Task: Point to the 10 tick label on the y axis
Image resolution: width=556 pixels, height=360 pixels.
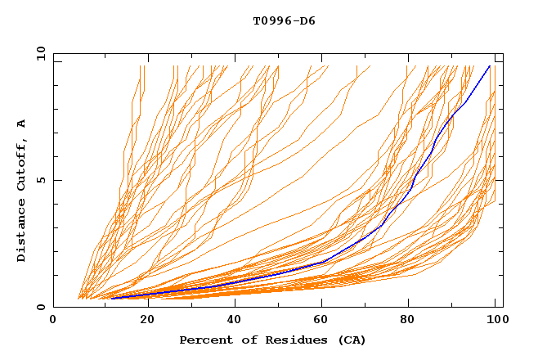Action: coord(40,52)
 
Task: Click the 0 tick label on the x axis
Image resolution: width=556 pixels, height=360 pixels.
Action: coord(53,320)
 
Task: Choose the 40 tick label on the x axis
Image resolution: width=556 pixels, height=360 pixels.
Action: coord(233,320)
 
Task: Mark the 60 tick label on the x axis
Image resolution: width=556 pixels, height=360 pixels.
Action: coord(323,320)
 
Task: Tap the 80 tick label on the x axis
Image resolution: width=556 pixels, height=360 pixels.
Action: coord(413,320)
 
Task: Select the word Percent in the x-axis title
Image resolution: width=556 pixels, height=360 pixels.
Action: coord(205,340)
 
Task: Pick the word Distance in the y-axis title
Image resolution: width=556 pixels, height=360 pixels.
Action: coord(21,232)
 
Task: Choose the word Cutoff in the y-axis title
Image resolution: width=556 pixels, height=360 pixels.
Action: coord(21,164)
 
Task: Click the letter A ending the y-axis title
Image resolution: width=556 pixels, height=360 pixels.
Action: coord(21,124)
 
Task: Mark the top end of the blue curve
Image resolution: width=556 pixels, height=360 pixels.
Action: coord(490,65)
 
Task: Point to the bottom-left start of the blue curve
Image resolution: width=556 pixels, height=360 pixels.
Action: coord(112,298)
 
